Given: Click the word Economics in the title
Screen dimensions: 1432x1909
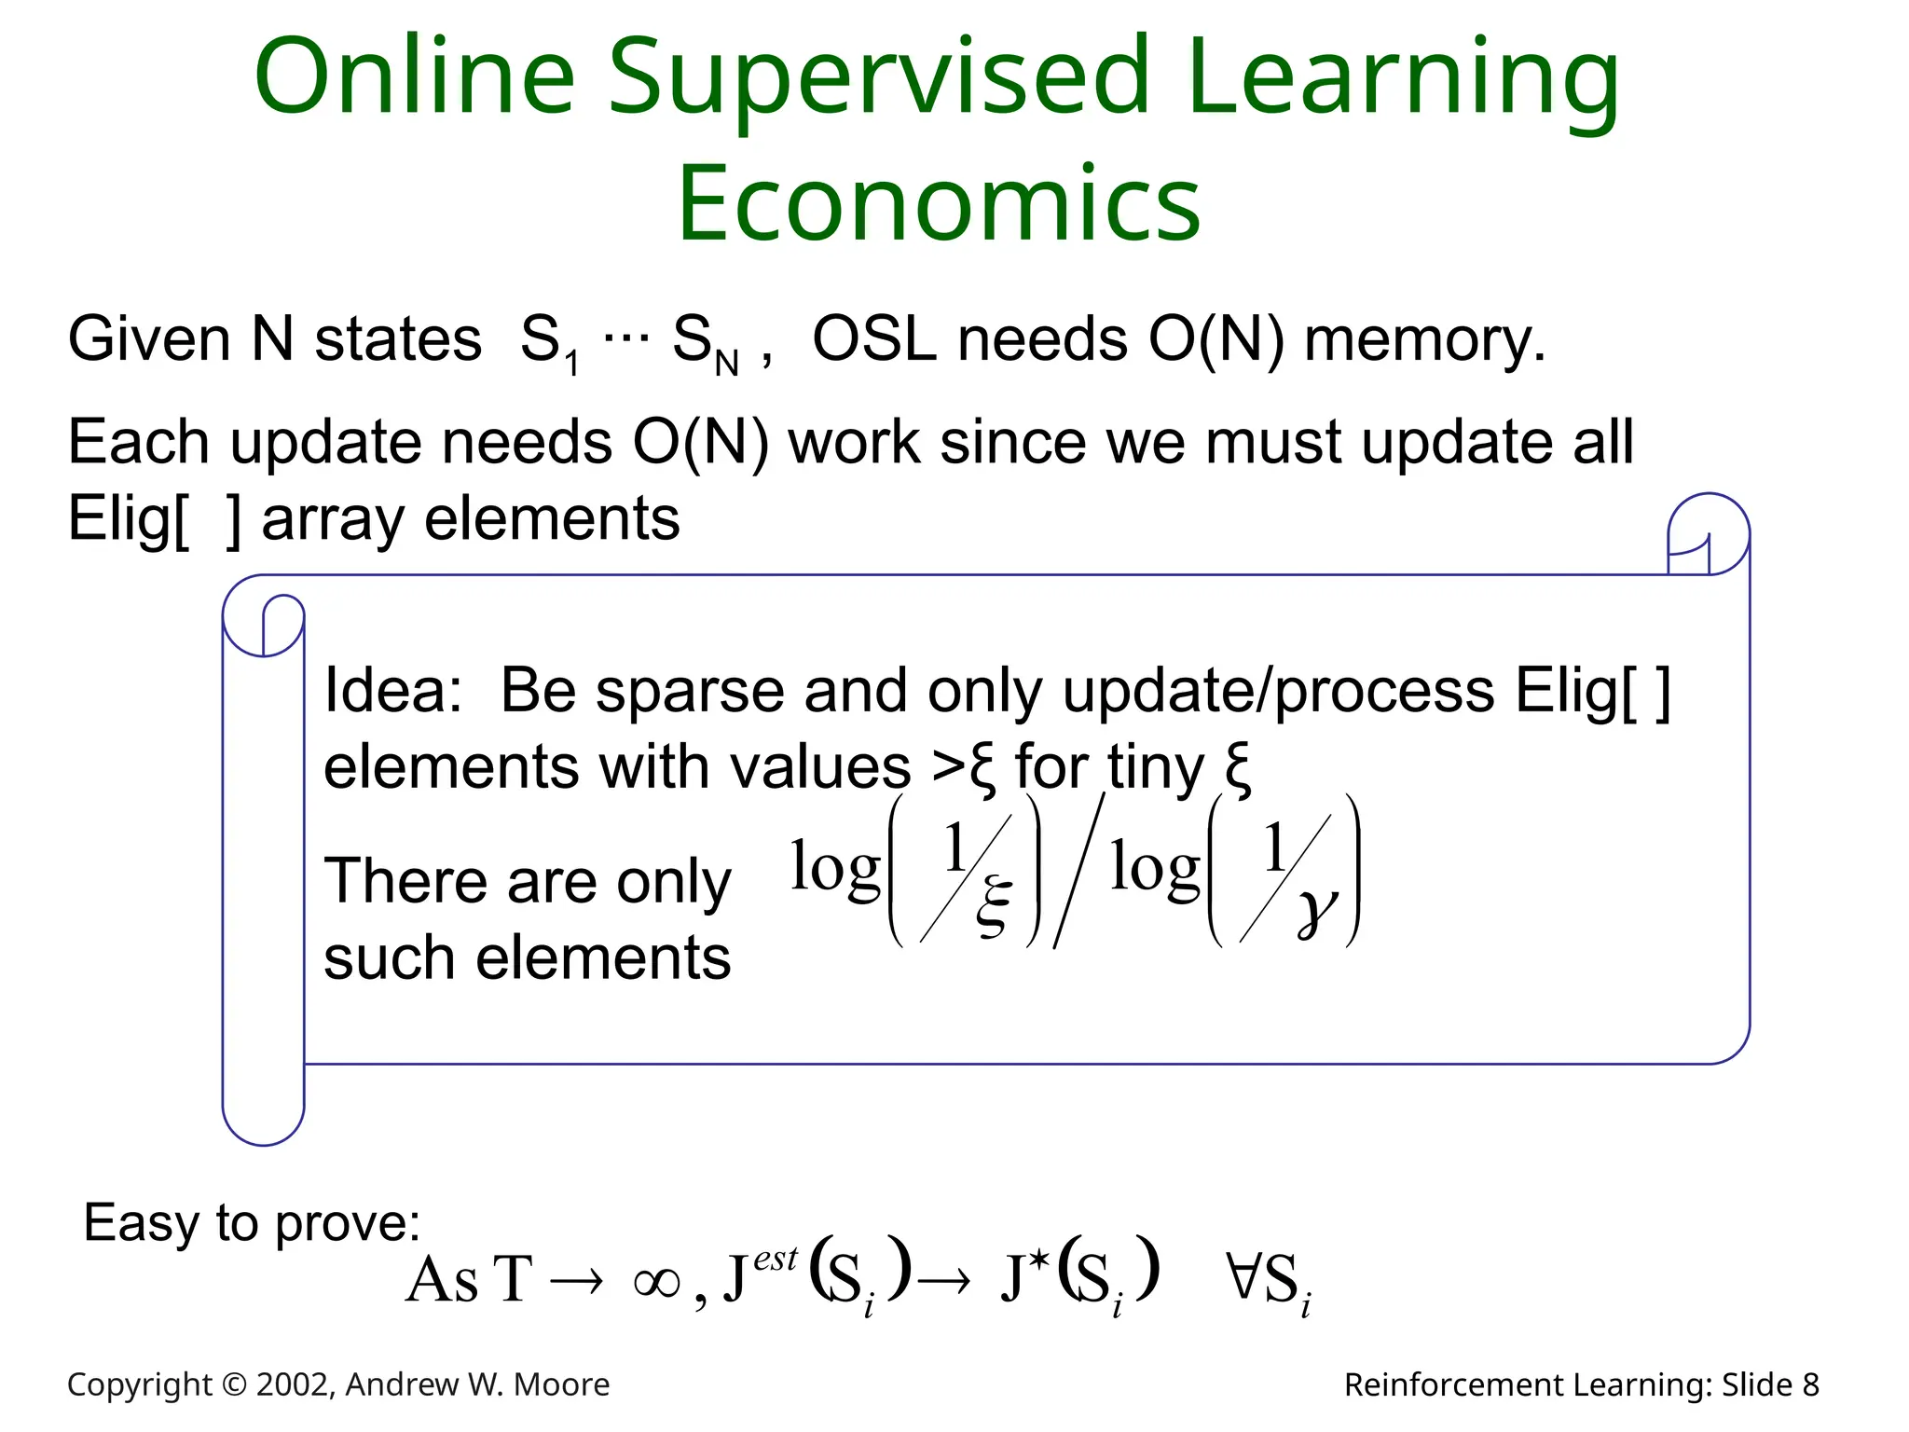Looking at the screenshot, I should coord(939,203).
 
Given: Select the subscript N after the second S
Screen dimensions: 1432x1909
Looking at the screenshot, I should coord(727,365).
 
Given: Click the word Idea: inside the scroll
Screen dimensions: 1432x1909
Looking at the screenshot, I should coord(392,691).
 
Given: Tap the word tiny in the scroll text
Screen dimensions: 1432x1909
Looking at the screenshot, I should coord(1156,767).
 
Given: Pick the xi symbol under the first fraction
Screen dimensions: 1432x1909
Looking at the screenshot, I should coord(994,905).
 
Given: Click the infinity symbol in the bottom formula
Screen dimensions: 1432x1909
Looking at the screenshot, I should coord(656,1284).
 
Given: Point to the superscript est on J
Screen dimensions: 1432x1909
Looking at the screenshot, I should coord(776,1260).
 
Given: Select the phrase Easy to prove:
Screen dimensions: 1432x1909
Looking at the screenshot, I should coord(252,1222).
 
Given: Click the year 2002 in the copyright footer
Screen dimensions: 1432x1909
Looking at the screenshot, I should coord(290,1385).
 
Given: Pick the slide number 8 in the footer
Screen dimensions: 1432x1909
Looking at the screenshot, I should coord(1810,1385).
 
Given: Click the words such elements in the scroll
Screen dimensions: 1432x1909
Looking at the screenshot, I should coord(527,958).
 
